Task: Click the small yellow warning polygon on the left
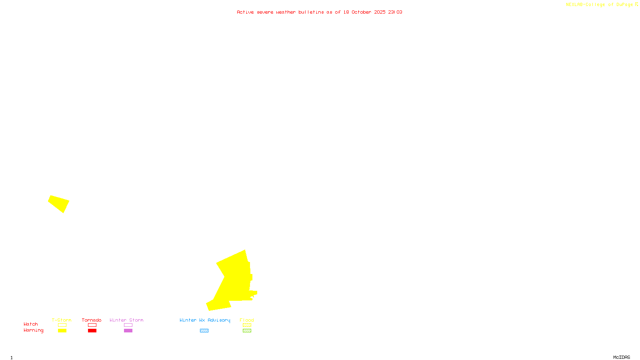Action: coord(59,203)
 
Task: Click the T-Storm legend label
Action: coord(62,320)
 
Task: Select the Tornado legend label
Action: coord(92,320)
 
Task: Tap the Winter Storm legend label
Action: coord(126,320)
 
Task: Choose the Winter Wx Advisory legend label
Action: coord(205,320)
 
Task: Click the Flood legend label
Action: coord(247,320)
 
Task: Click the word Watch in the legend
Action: coord(31,324)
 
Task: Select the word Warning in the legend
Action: coord(34,330)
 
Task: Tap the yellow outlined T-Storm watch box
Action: coord(62,325)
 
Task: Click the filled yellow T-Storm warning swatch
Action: coord(62,331)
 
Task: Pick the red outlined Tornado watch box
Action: coord(92,325)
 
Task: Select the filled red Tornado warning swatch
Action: coord(92,331)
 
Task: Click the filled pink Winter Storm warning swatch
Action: coord(128,331)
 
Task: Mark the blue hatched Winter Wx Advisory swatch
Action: coord(204,331)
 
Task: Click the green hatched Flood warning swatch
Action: coord(247,331)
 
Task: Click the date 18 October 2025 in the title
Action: coord(364,12)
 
